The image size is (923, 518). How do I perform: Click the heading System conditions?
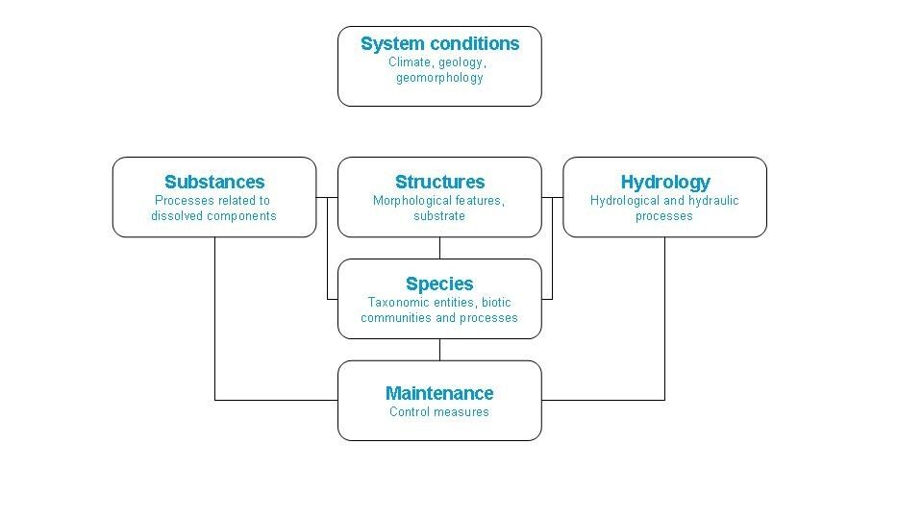439,43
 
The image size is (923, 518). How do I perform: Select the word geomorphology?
439,78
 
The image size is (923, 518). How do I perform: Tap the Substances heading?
214,182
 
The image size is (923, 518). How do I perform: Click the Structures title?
439,182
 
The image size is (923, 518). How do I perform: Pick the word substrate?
439,216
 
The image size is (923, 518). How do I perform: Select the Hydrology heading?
665,183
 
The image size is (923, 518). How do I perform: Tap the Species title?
439,284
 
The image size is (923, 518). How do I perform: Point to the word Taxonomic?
392,303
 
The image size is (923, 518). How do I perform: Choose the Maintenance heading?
439,393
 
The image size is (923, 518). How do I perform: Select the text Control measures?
439,412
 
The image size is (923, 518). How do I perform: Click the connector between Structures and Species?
439,248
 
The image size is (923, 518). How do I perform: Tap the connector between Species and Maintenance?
439,350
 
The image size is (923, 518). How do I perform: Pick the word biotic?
496,303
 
